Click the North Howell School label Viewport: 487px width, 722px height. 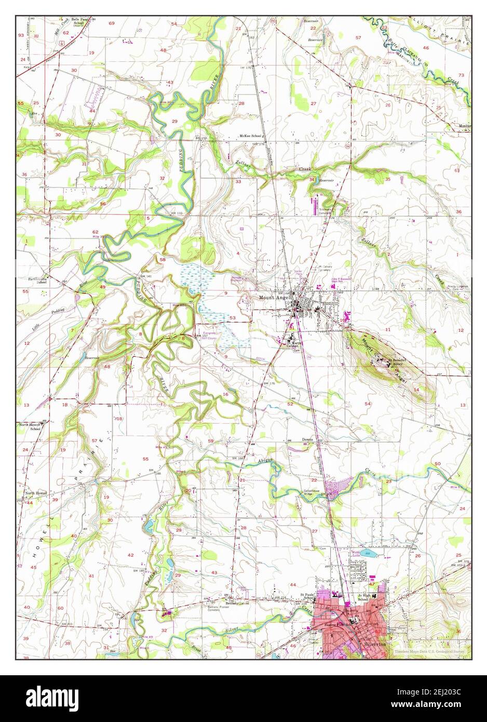(x=35, y=426)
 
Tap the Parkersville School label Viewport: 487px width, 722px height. (x=38, y=280)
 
